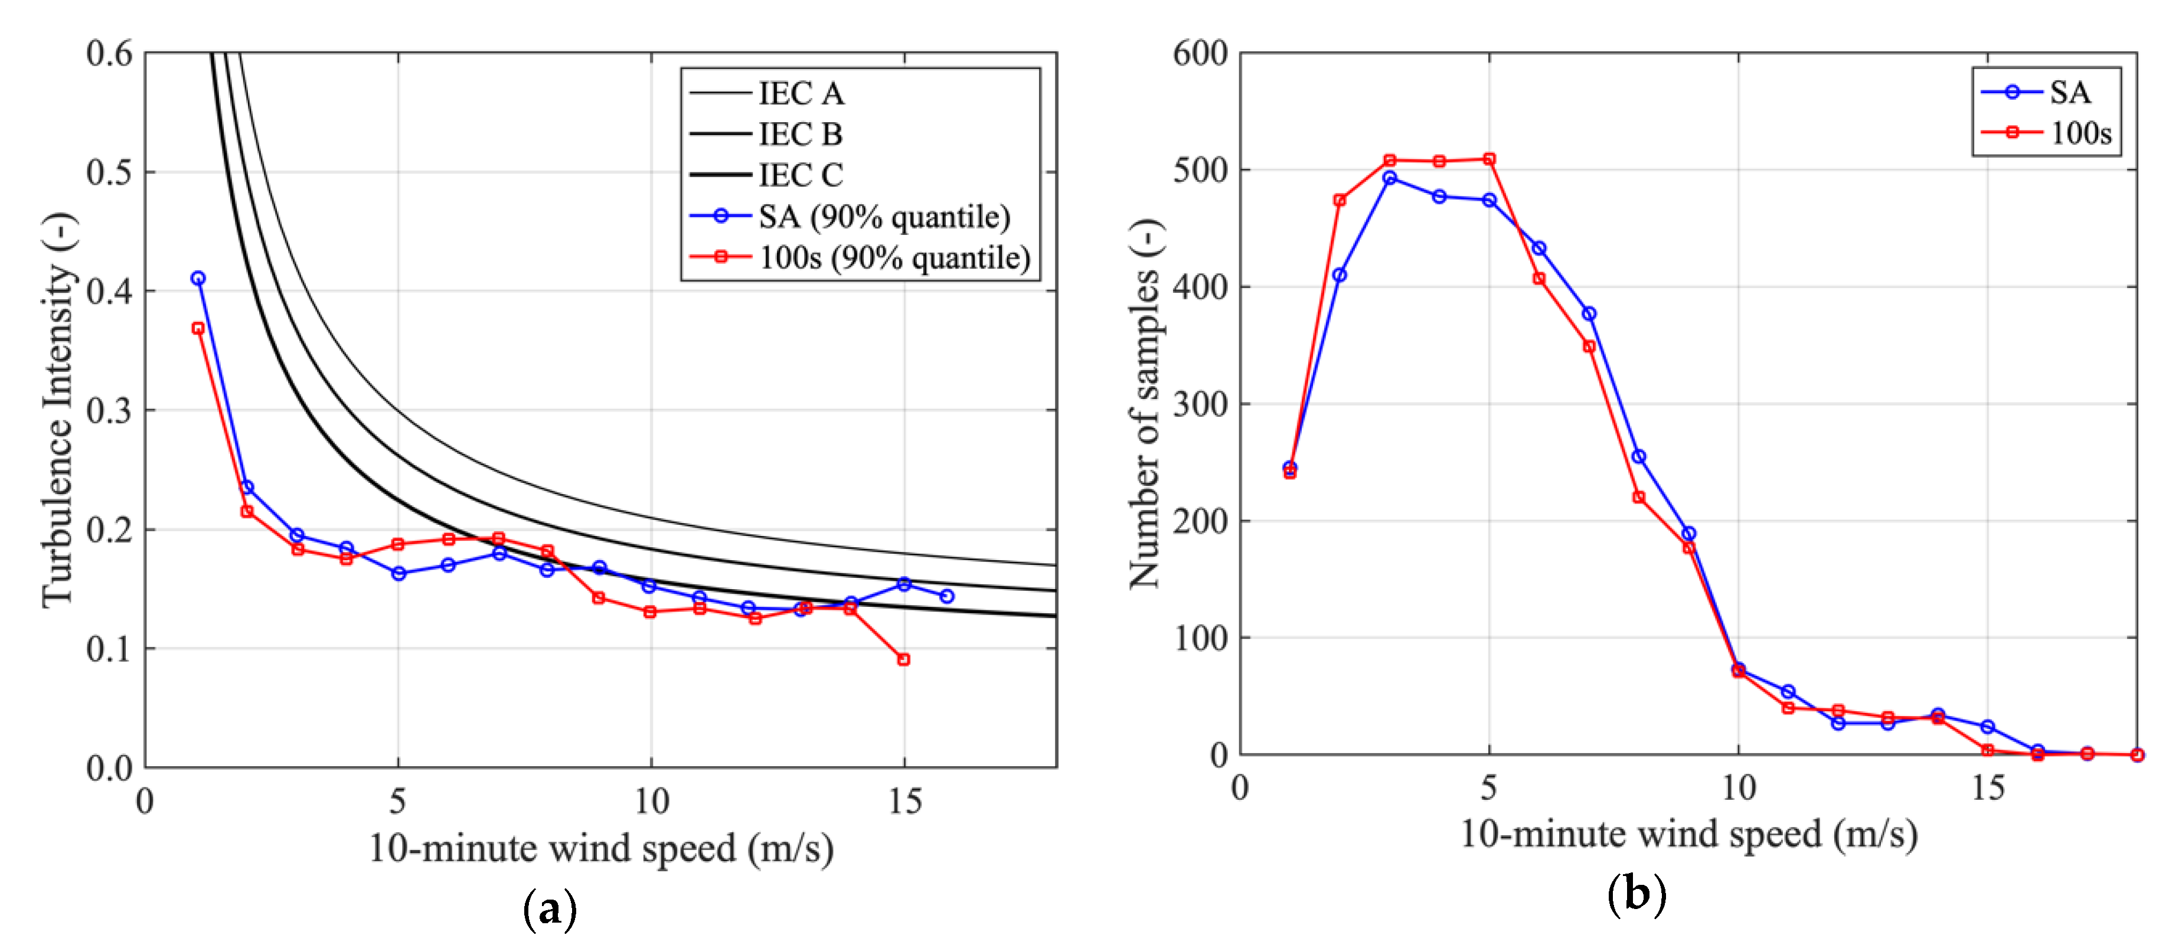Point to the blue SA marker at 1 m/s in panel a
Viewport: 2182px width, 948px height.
[198, 278]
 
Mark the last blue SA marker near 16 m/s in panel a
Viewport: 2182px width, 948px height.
[947, 596]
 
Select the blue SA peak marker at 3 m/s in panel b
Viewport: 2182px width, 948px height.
[1389, 178]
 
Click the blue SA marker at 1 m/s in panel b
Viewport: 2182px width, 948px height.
[1289, 468]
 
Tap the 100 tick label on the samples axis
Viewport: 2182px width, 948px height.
[1200, 638]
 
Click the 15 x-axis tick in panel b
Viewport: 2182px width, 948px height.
[1987, 789]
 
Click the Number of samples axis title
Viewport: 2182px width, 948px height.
[1145, 404]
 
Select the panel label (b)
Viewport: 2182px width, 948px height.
[1636, 895]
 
